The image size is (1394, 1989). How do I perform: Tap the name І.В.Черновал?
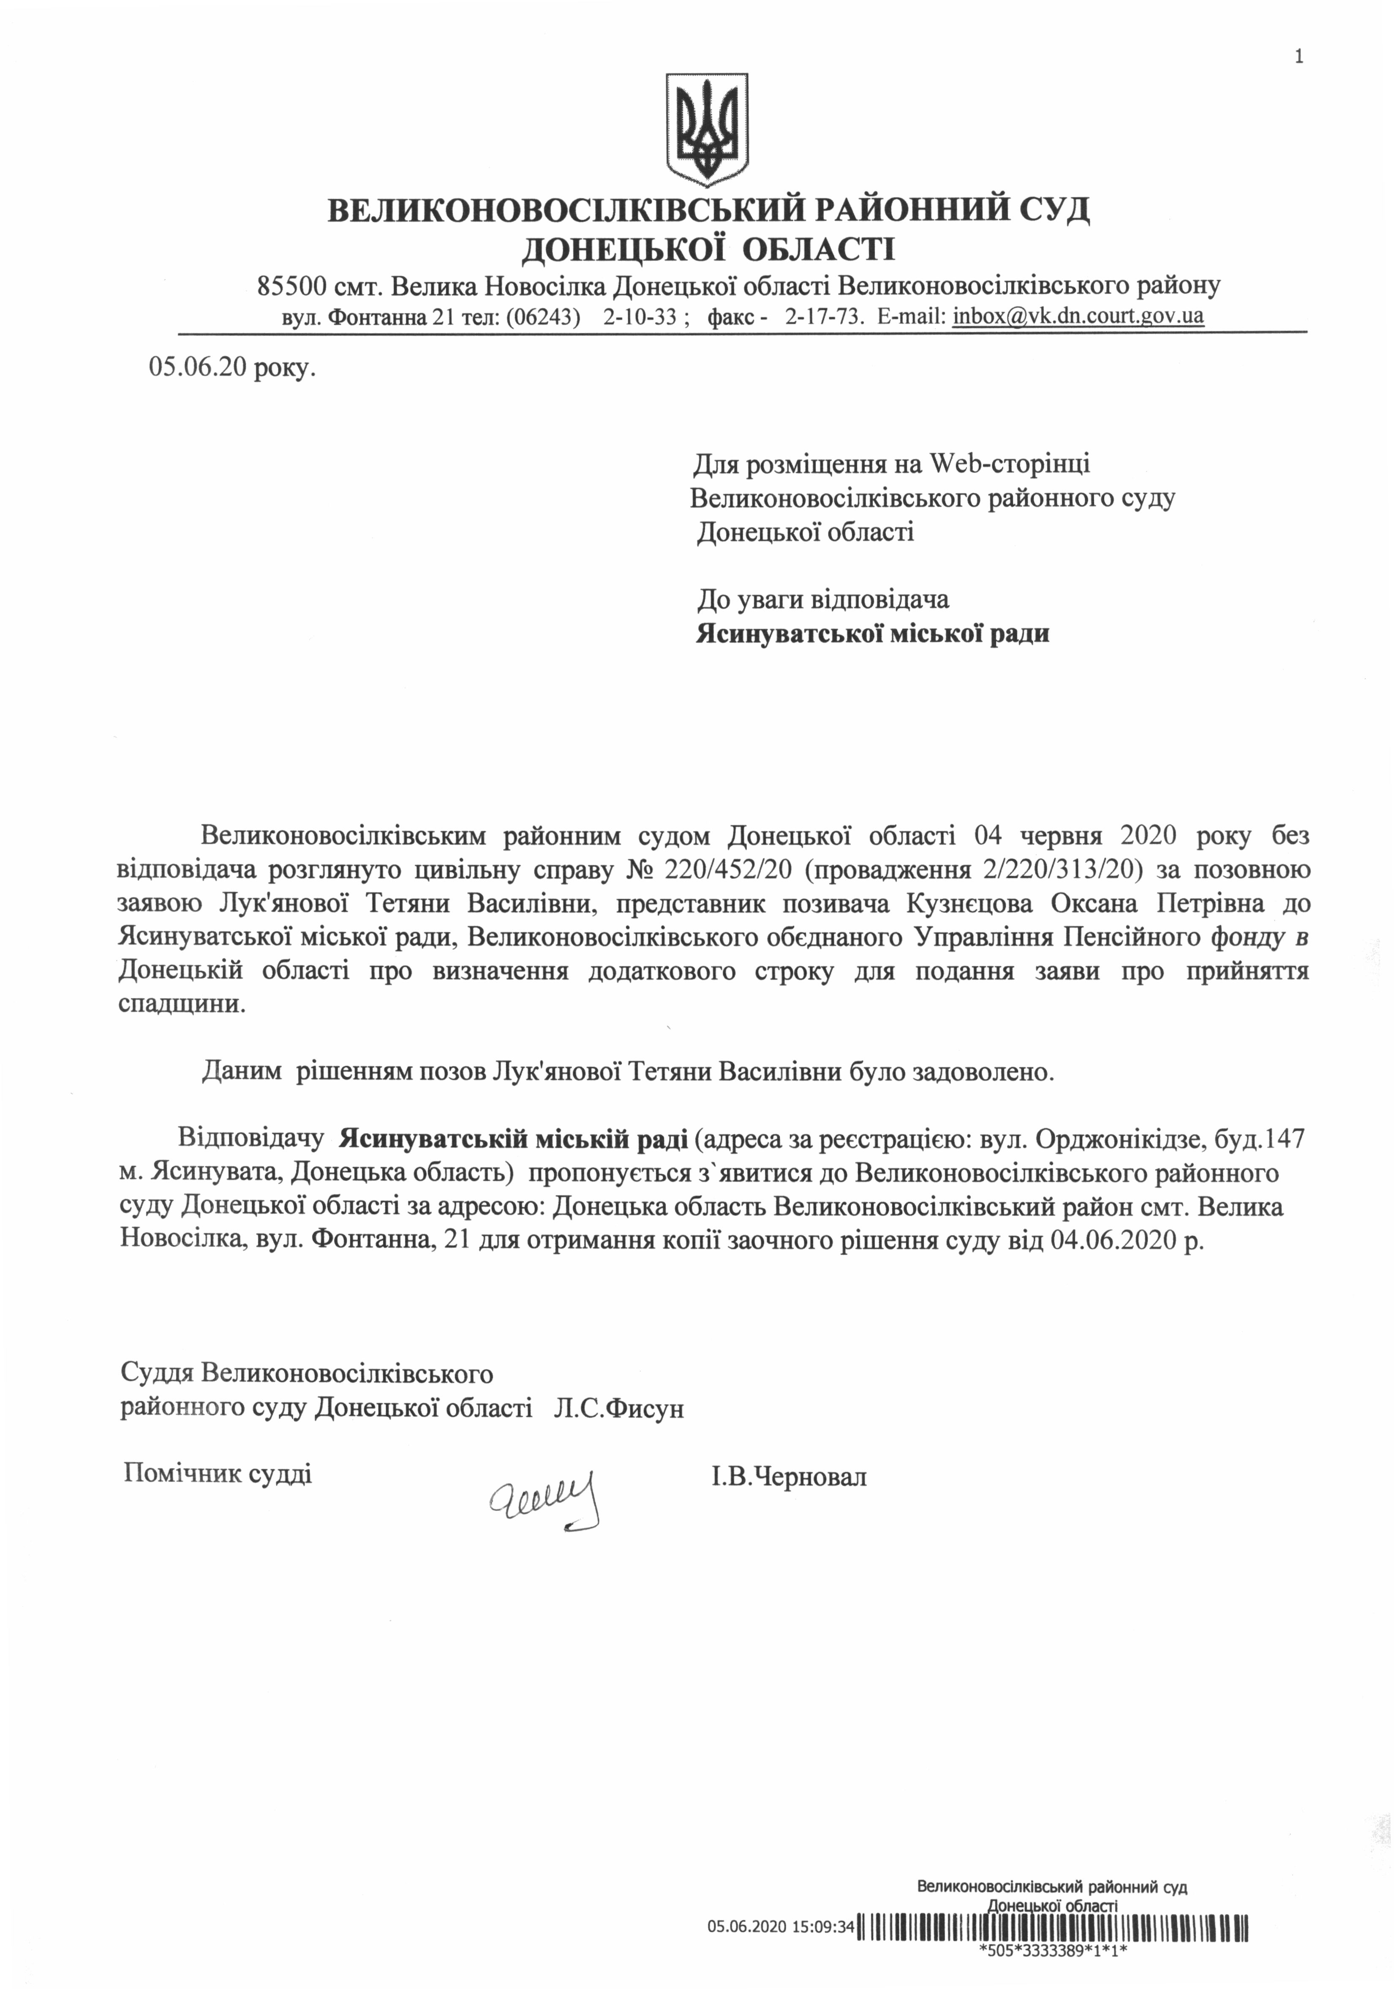788,1476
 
